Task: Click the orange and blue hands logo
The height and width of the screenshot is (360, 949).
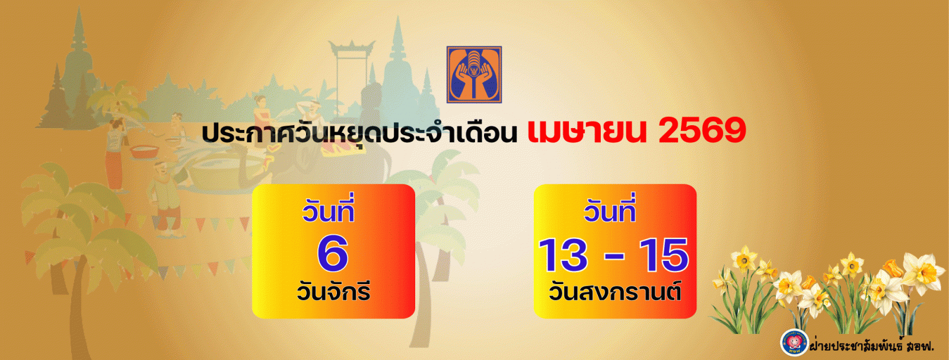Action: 474,75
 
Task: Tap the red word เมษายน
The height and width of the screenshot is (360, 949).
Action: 587,131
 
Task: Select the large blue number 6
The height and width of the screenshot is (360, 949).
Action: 333,253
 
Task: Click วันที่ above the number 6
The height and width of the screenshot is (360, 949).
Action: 329,209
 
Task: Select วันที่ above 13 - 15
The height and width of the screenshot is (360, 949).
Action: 610,209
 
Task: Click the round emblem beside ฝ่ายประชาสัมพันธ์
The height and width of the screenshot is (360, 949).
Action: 794,342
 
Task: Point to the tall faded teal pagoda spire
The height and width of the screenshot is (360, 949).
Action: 398,63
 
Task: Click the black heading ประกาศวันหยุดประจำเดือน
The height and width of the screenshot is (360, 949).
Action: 359,132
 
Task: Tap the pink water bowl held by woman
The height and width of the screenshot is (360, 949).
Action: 145,151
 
